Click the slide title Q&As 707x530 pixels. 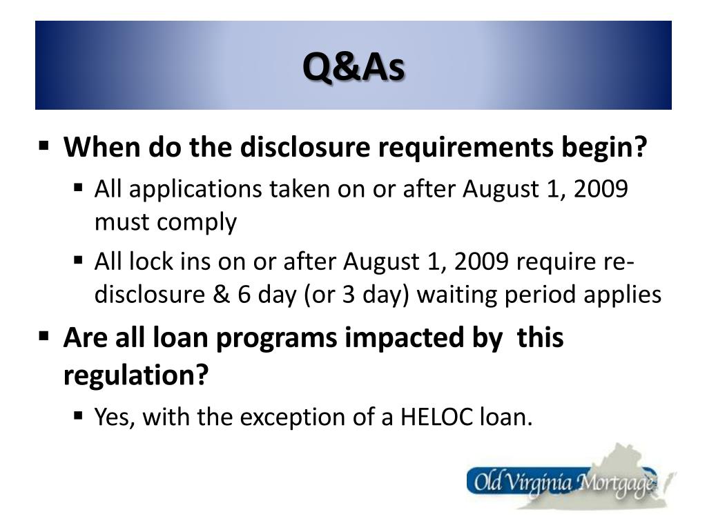pyautogui.click(x=353, y=67)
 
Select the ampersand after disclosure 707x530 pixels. pyautogui.click(x=220, y=295)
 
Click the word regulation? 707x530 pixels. pyautogui.click(x=135, y=376)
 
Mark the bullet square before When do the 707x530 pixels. pyautogui.click(x=44, y=146)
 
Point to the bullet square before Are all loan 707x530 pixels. pyautogui.click(x=44, y=337)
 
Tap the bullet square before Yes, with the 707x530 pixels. pyautogui.click(x=78, y=415)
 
